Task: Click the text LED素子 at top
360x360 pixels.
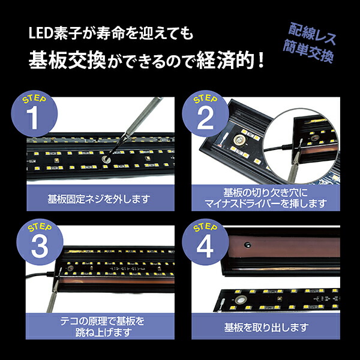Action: click(x=52, y=34)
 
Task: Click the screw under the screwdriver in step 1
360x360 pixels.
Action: click(x=105, y=159)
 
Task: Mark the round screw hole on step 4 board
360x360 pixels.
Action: click(x=242, y=300)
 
